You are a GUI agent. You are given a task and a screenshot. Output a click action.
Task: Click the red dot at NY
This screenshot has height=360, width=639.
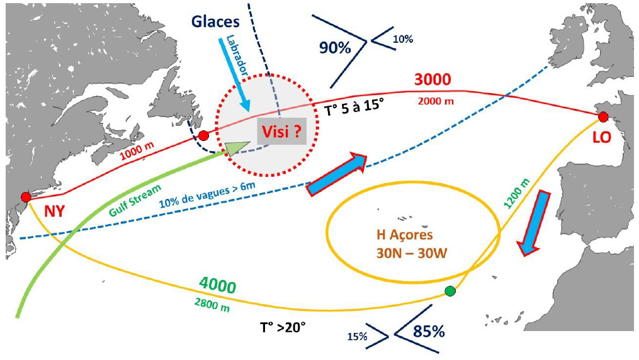coord(26,198)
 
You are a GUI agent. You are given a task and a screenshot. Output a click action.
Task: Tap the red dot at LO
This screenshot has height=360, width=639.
coord(602,116)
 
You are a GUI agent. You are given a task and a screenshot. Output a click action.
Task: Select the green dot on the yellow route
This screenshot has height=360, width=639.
coord(450,291)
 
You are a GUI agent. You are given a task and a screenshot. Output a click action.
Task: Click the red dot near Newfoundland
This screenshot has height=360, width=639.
coord(203,135)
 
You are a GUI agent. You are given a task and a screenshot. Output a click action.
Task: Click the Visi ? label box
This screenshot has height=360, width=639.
coord(280,132)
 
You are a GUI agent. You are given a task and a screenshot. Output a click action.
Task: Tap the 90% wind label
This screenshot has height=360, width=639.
coord(334,48)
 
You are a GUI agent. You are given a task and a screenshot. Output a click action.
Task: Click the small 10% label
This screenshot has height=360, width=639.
coord(403,39)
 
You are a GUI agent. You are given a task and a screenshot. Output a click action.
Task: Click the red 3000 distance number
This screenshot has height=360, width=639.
coord(433,81)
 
